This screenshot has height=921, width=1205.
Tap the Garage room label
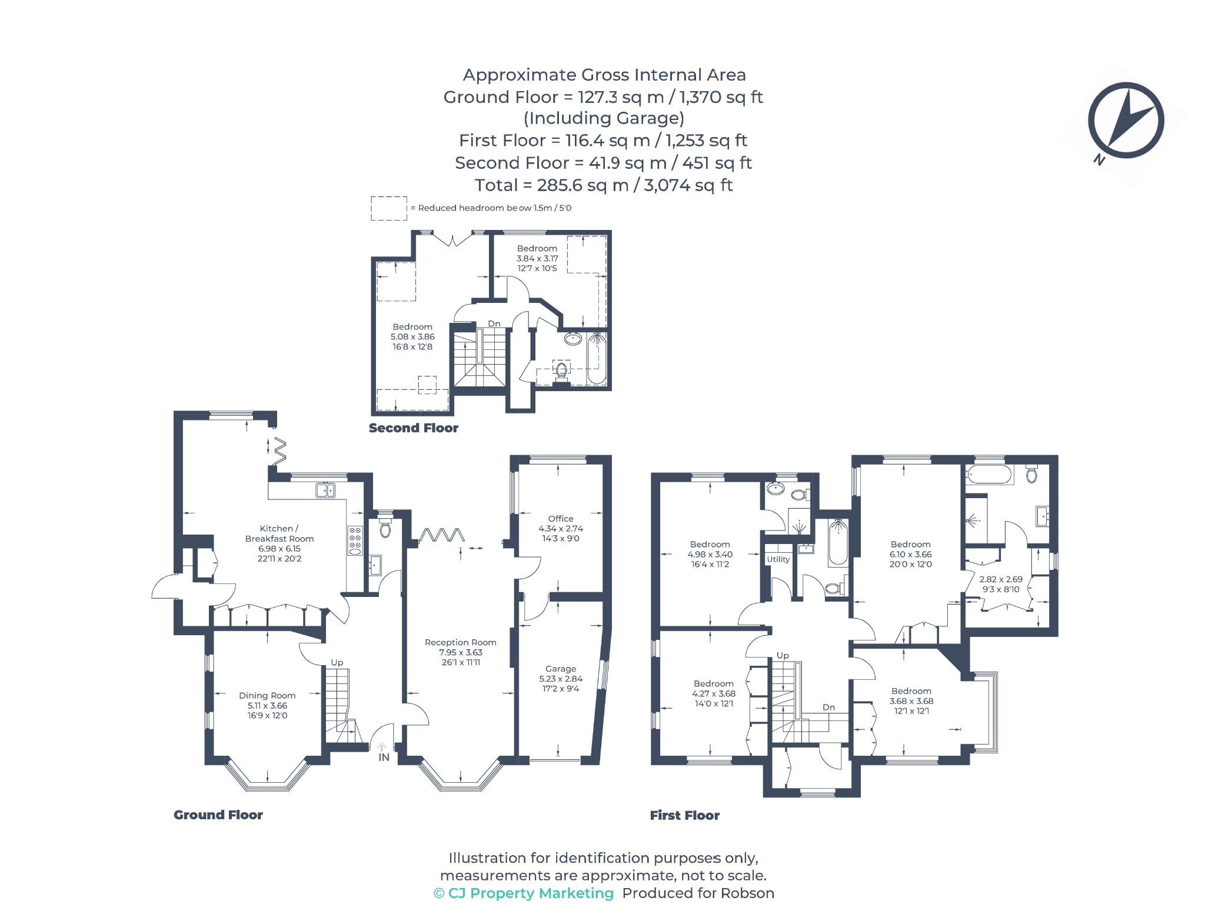(x=561, y=669)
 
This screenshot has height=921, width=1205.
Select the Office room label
(x=561, y=519)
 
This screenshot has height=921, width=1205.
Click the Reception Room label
(x=461, y=642)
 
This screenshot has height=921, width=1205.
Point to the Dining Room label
(x=267, y=696)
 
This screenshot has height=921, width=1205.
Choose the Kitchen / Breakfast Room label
(x=279, y=533)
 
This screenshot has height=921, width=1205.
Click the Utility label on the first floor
(x=778, y=559)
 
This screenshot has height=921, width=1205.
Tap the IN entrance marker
(x=384, y=758)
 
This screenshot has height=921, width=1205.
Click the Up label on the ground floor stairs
(x=337, y=663)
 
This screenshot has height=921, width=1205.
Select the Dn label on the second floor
(x=494, y=323)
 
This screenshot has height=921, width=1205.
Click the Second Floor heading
(x=414, y=428)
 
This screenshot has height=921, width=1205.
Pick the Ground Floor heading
(x=218, y=815)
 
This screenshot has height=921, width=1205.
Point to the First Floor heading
(x=685, y=815)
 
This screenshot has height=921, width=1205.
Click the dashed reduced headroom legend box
(x=389, y=208)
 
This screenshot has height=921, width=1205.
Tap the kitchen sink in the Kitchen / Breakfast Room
(x=325, y=490)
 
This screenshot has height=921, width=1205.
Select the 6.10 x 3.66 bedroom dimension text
(x=911, y=555)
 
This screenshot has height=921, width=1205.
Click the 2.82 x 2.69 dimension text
(x=1001, y=579)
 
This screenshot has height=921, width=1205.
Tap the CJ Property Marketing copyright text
(x=524, y=893)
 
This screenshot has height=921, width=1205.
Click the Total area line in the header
(x=604, y=185)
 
